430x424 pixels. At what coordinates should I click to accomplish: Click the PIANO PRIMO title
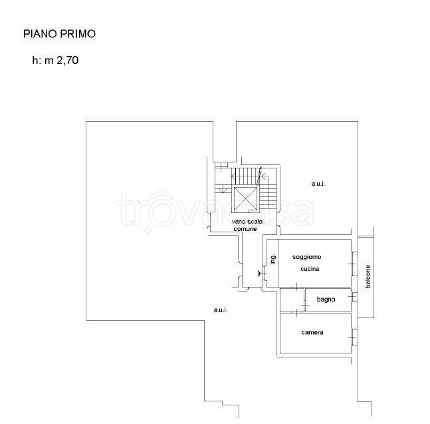(60, 34)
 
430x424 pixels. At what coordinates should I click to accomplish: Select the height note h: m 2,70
(55, 60)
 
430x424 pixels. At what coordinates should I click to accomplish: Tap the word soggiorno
(306, 257)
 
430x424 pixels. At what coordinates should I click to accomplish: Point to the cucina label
(310, 269)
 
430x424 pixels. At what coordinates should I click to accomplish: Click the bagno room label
(326, 300)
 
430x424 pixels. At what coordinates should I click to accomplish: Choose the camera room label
(312, 333)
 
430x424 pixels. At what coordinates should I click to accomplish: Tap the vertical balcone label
(368, 276)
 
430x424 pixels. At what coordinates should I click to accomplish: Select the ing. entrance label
(273, 259)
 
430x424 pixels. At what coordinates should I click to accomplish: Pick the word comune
(245, 229)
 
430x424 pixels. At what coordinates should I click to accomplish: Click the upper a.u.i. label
(318, 184)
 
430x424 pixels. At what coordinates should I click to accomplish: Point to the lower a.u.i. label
(221, 310)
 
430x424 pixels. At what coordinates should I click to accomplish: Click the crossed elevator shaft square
(245, 200)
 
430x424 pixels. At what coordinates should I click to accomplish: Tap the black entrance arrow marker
(259, 274)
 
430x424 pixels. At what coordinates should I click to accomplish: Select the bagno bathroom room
(328, 300)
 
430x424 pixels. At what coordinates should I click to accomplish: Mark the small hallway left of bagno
(292, 300)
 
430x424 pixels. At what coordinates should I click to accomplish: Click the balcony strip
(366, 277)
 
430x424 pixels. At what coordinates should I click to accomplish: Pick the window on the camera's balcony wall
(355, 337)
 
